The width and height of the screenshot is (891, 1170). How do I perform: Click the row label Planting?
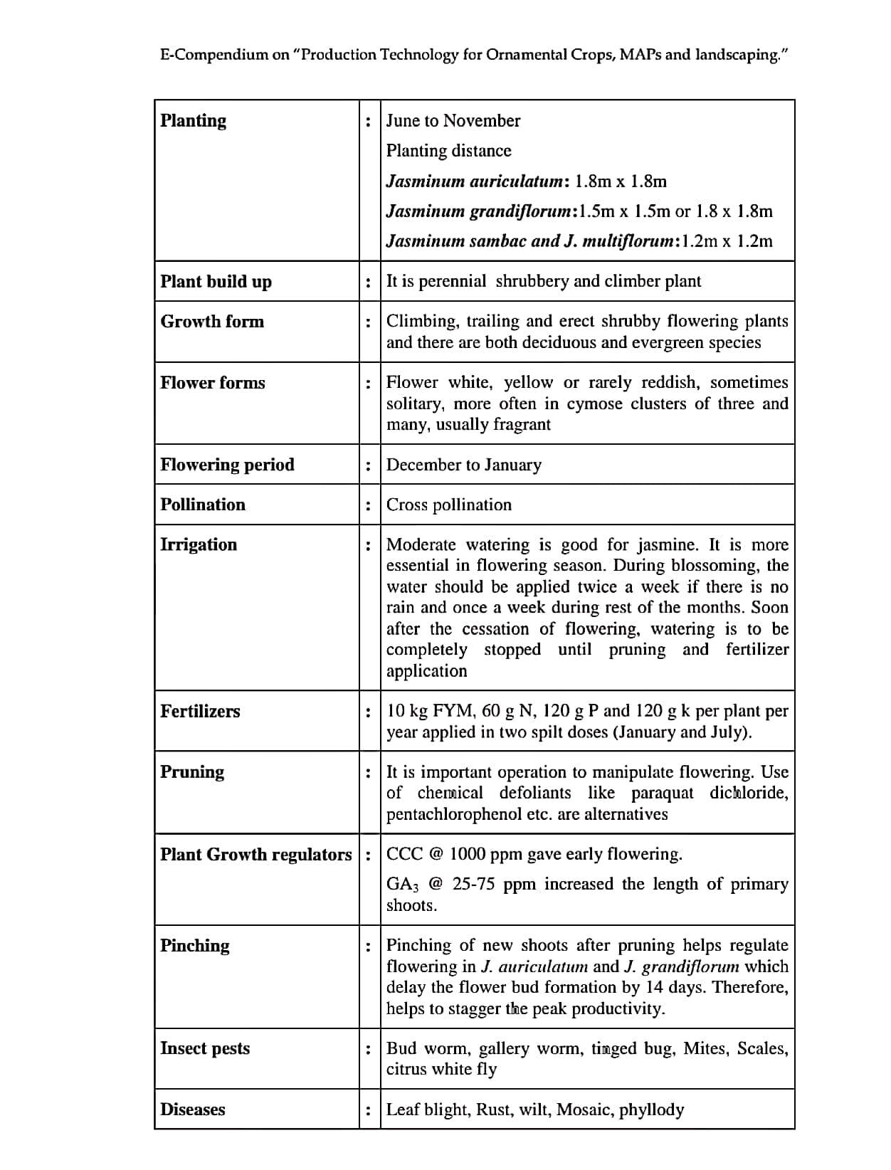coord(193,120)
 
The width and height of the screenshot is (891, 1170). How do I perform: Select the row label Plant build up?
coord(216,281)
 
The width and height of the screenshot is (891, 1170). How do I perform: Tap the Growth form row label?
coord(212,322)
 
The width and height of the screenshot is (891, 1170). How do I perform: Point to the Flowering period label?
coord(227,465)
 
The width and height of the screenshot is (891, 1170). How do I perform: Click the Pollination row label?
coord(203,505)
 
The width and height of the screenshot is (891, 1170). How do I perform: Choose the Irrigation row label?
coord(199,544)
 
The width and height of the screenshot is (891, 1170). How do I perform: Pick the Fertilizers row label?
coord(200,711)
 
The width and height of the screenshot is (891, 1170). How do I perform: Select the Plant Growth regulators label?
coord(256,854)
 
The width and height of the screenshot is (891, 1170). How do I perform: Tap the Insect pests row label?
coord(205,1048)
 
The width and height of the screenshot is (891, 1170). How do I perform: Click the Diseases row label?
coord(193,1110)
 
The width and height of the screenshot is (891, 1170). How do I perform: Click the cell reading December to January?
coord(463,465)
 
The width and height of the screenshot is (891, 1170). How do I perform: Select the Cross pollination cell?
coord(448,505)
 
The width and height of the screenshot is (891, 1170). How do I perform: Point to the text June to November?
coord(453,120)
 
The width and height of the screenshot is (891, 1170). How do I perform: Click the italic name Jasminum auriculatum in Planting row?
coord(475,181)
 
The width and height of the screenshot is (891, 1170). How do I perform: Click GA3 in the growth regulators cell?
coord(401,885)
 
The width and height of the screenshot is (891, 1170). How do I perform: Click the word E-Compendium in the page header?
coord(214,55)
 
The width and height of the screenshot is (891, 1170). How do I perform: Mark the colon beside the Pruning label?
coord(368,773)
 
